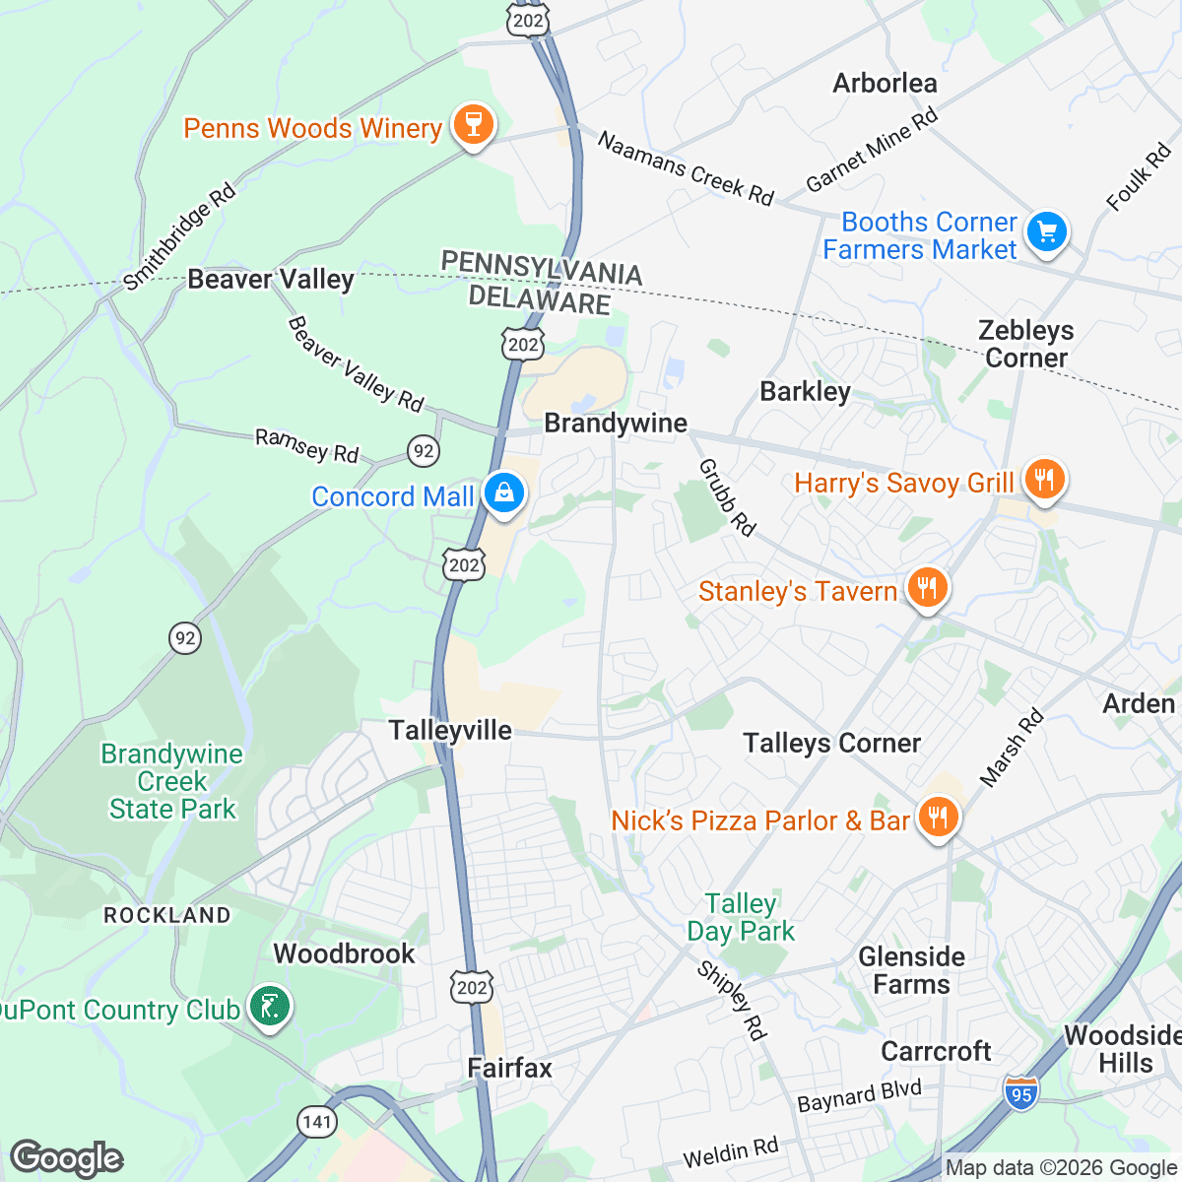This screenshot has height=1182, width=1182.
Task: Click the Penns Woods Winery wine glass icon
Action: point(473,126)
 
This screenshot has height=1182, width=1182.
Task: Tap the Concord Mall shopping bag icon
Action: point(504,493)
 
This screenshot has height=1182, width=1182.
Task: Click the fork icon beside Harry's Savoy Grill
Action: point(1044,481)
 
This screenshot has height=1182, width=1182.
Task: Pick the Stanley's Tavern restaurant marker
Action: point(926,589)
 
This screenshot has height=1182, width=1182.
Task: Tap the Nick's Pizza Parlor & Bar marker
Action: point(938,818)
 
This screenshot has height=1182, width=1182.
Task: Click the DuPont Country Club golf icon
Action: point(269,1007)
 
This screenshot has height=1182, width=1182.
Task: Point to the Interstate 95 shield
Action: point(1021,1093)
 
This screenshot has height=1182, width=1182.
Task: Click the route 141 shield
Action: point(317,1122)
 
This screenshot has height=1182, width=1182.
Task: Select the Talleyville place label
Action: point(450,731)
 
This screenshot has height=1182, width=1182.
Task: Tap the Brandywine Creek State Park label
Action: point(172,782)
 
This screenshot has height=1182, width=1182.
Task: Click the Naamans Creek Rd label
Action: point(686,169)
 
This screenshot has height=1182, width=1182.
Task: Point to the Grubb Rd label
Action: point(727,497)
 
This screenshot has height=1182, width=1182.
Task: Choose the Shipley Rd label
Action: point(731,1001)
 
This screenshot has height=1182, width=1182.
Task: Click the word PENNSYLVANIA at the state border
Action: point(542,268)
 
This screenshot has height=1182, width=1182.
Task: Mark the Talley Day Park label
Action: point(741,917)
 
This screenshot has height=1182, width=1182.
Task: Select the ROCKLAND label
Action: point(167,915)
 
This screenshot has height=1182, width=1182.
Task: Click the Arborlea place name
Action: point(885,84)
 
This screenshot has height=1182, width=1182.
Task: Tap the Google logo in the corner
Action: point(66,1158)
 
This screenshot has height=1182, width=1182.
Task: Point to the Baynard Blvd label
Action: point(859,1095)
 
